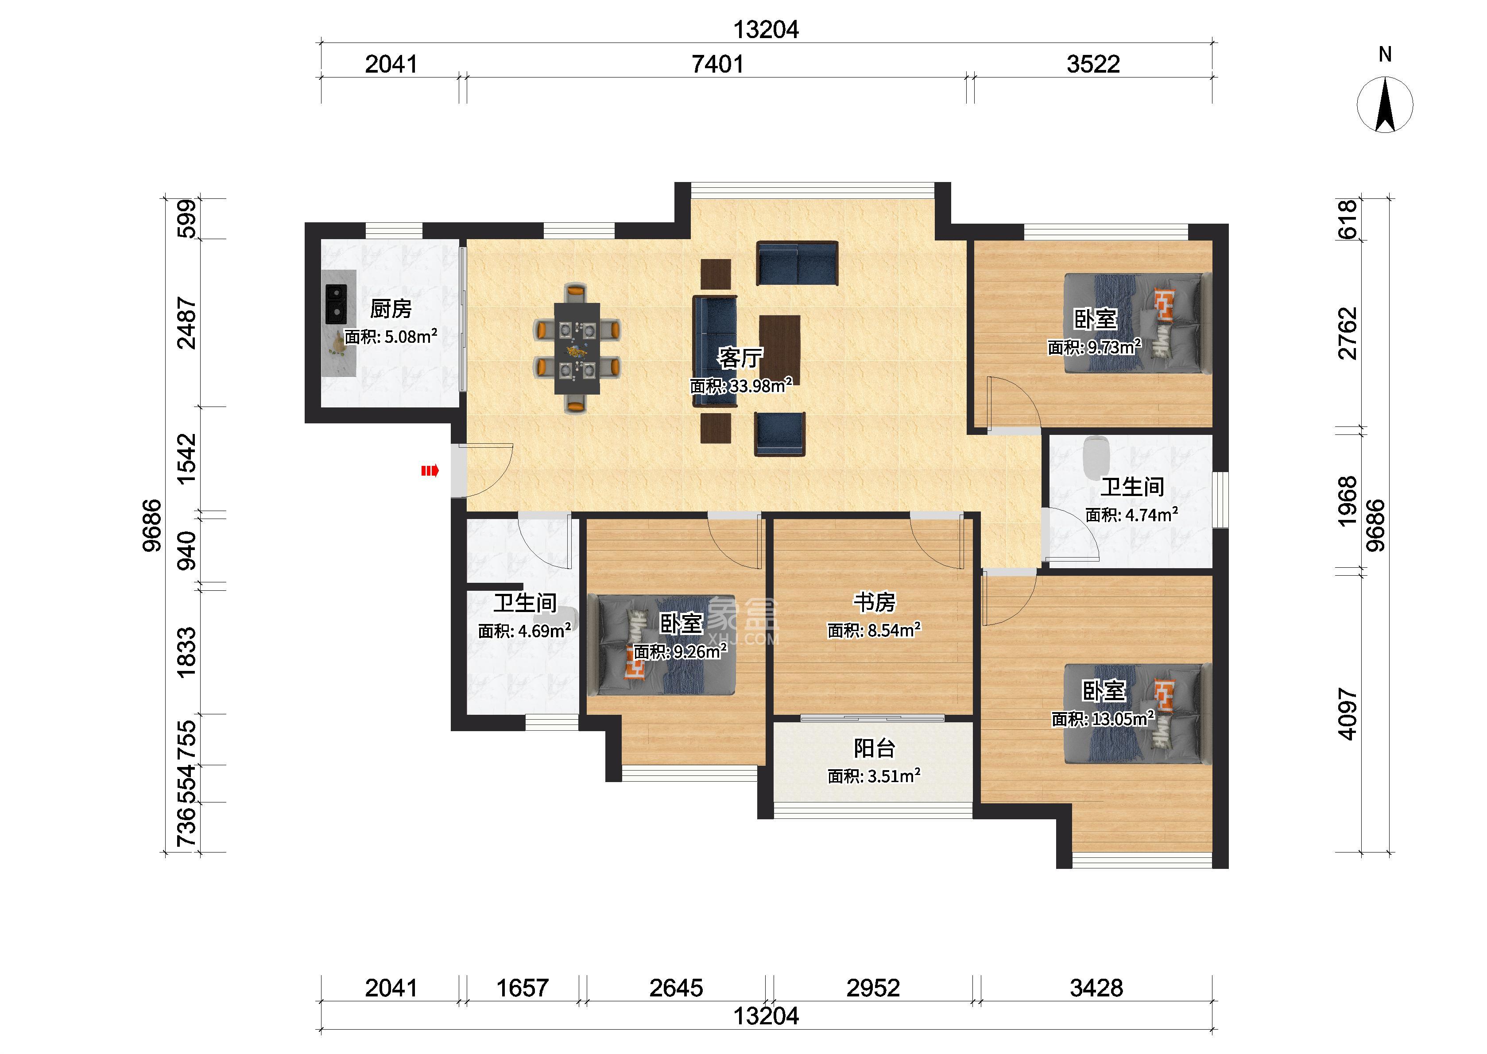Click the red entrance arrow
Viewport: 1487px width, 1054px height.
[x=430, y=470]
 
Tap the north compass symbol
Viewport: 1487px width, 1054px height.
[x=1385, y=104]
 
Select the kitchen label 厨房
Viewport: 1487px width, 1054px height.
[x=391, y=309]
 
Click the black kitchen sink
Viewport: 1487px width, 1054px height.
[x=336, y=304]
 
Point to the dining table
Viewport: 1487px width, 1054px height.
[x=577, y=349]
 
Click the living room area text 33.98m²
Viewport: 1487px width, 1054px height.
[x=760, y=386]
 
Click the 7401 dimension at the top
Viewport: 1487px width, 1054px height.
[x=717, y=64]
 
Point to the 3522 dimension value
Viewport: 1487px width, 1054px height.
[x=1093, y=64]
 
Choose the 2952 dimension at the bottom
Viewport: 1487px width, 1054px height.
[x=873, y=988]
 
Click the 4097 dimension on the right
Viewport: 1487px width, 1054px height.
[x=1348, y=714]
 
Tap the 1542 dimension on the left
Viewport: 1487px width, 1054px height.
[x=186, y=459]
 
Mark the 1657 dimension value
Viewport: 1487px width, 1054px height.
[x=522, y=988]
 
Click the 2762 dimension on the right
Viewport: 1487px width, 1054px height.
[x=1348, y=333]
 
